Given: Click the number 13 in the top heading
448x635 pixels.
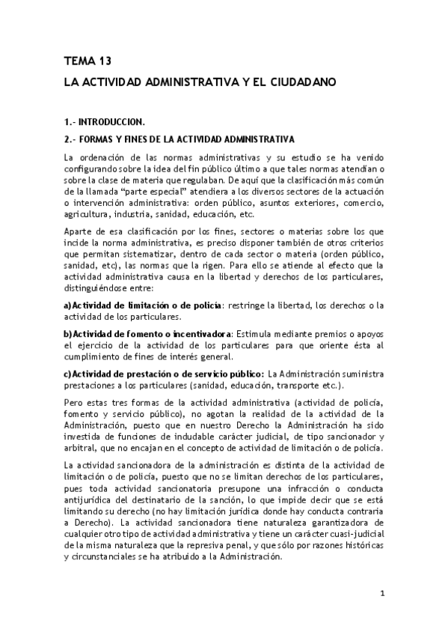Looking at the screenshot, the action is coord(100,61).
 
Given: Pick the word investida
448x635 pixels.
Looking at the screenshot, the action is coord(84,437).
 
